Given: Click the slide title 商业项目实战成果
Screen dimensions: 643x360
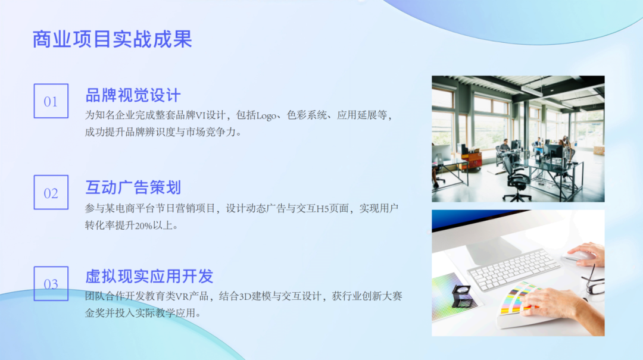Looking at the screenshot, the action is (112, 39).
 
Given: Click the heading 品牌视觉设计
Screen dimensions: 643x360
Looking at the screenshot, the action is (133, 96).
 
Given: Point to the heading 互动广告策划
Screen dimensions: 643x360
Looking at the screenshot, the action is (133, 187).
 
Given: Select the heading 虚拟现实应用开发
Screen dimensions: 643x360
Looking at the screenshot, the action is (149, 276).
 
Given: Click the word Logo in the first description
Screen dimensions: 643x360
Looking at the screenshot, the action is (266, 115).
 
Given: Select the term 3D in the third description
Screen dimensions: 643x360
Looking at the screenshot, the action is (245, 296).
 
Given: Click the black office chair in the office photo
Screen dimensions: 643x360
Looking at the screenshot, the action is (515, 179).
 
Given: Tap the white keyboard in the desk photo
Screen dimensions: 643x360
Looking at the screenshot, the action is (514, 268).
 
